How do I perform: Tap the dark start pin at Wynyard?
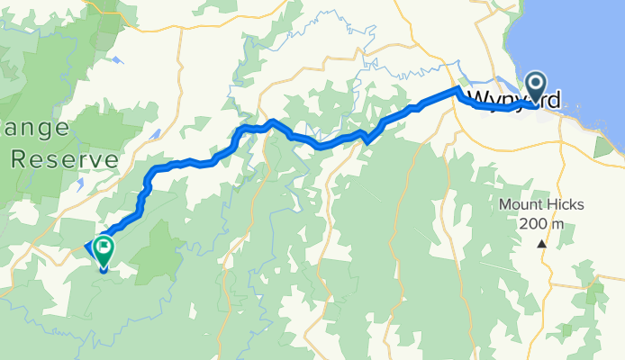click(536, 87)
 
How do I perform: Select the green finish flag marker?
click(104, 246)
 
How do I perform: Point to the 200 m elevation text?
click(541, 224)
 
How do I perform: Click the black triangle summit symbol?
click(541, 244)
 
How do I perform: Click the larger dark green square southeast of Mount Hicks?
click(595, 293)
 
